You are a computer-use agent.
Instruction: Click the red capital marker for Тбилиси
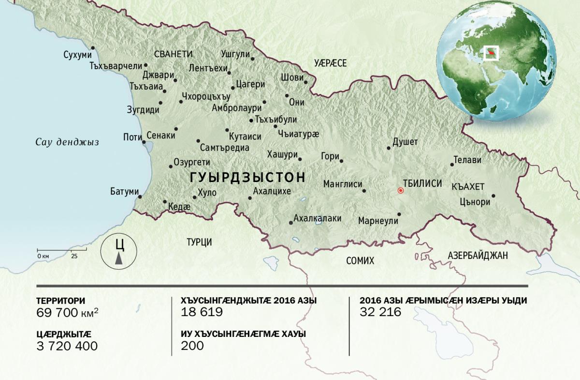tap(400, 191)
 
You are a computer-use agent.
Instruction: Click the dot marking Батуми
tap(140, 197)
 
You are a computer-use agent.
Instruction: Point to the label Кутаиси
tap(246, 137)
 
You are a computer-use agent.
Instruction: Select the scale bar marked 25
tap(61, 250)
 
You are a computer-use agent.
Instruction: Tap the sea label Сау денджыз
tap(67, 142)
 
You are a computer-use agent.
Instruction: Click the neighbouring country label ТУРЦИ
tap(200, 243)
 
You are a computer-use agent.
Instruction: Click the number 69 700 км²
tap(69, 313)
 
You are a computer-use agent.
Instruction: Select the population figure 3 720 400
tap(67, 346)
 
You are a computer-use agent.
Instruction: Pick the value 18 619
tap(202, 312)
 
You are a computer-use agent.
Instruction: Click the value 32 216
tap(380, 312)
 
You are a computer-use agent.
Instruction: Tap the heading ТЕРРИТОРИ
tap(61, 301)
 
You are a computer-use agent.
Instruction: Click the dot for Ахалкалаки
tap(290, 223)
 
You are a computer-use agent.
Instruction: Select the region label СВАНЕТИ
tap(174, 54)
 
